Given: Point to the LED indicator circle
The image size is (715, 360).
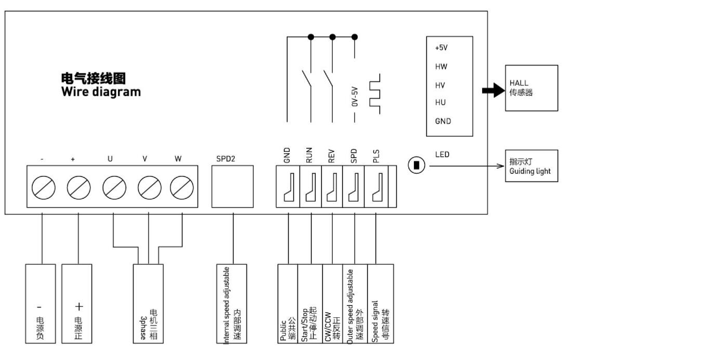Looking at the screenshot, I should [x=417, y=166].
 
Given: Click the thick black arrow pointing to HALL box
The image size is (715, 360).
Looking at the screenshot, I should [x=493, y=91].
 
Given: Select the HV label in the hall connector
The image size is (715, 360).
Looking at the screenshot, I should [x=440, y=85].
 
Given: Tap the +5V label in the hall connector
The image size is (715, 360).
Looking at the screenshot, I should [x=441, y=47].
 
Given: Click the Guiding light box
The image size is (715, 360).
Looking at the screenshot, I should [x=531, y=166].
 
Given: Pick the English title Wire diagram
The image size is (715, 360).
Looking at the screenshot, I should [x=101, y=92].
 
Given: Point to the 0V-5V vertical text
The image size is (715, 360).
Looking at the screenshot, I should [x=355, y=96].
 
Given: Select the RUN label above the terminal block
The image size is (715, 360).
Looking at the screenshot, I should [x=310, y=156].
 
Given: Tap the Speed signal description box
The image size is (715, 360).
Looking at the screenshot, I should [x=380, y=304].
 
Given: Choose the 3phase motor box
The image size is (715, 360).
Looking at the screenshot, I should [x=148, y=304].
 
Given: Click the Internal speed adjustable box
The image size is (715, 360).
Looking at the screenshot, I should [x=231, y=304].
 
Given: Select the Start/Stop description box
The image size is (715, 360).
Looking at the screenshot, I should [x=310, y=304].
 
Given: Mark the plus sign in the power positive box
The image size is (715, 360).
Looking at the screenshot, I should [x=79, y=307].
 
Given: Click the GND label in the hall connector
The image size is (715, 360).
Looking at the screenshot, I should [x=443, y=121].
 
